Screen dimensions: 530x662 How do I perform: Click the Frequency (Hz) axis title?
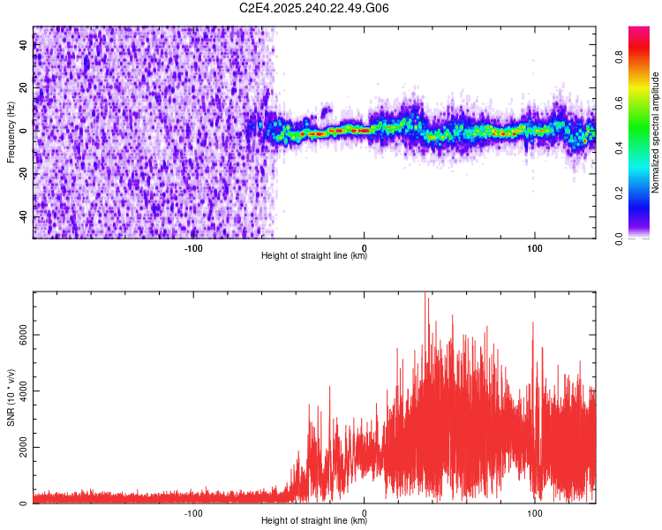[11, 132]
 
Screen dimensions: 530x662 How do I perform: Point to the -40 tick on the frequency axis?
[23, 216]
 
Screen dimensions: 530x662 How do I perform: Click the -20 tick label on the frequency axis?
[23, 173]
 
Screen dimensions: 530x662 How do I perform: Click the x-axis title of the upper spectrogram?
[314, 256]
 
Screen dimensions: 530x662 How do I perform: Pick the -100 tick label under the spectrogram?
[194, 246]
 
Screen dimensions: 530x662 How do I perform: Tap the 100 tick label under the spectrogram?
[534, 246]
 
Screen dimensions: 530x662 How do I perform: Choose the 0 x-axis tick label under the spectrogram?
[365, 246]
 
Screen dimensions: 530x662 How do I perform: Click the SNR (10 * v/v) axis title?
[11, 397]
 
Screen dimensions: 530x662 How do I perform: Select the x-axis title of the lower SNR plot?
[314, 521]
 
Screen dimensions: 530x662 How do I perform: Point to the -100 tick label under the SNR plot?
[194, 512]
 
